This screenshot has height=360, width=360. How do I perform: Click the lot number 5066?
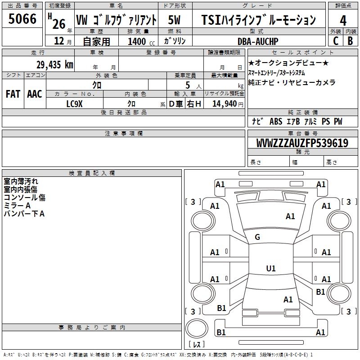coord(22,20)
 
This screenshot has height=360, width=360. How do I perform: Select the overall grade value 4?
coord(343,20)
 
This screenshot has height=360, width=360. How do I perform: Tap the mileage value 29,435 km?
coord(55,64)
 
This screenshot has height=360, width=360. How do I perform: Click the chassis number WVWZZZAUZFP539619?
coord(302,143)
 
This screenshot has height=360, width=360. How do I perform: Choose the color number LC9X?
coord(75,103)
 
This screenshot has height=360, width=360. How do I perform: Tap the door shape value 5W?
coord(175,20)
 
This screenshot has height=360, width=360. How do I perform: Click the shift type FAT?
coord(13,94)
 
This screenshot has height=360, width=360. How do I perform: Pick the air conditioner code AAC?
coord(35,94)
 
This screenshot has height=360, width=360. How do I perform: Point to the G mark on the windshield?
coord(257,237)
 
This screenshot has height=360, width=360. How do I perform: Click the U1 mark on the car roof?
coord(271,268)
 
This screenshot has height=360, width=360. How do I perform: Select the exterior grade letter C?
coord(336,41)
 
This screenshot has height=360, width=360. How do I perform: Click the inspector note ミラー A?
coord(17,206)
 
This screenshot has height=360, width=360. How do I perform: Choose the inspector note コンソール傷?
coord(24,198)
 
